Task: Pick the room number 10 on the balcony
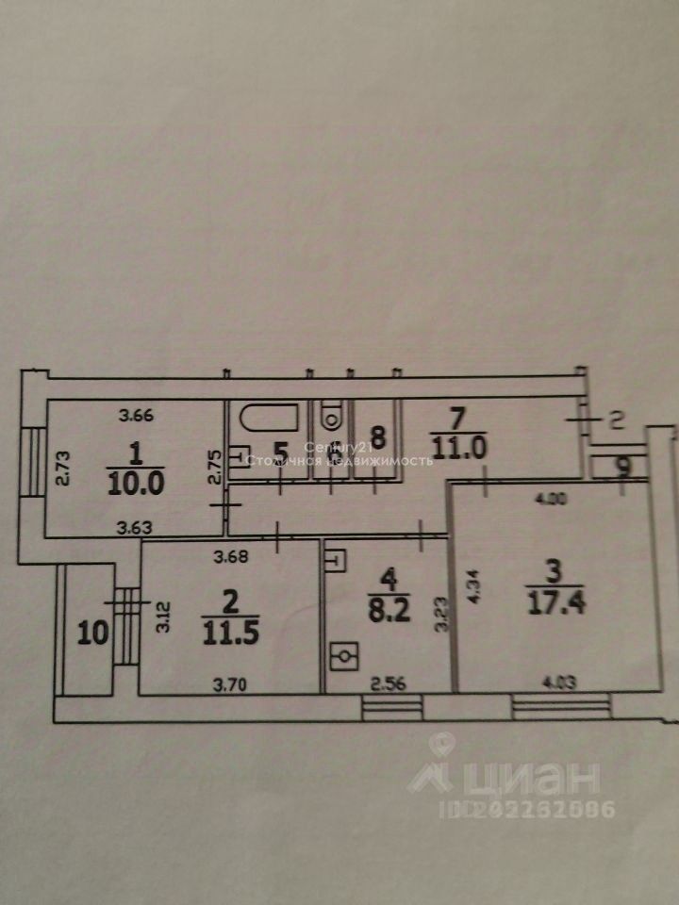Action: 91,633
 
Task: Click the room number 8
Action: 377,437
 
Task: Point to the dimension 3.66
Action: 136,414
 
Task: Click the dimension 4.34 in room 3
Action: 472,590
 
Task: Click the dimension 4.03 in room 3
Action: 555,678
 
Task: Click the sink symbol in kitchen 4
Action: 344,656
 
